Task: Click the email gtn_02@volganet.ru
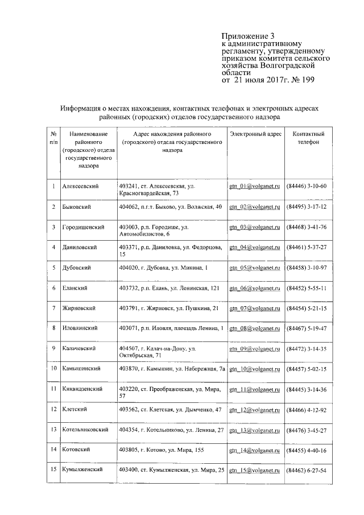255,207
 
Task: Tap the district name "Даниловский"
79,248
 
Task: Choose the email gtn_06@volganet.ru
255,288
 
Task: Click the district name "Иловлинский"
80,328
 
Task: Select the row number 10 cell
53,369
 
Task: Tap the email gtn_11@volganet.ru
255,389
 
